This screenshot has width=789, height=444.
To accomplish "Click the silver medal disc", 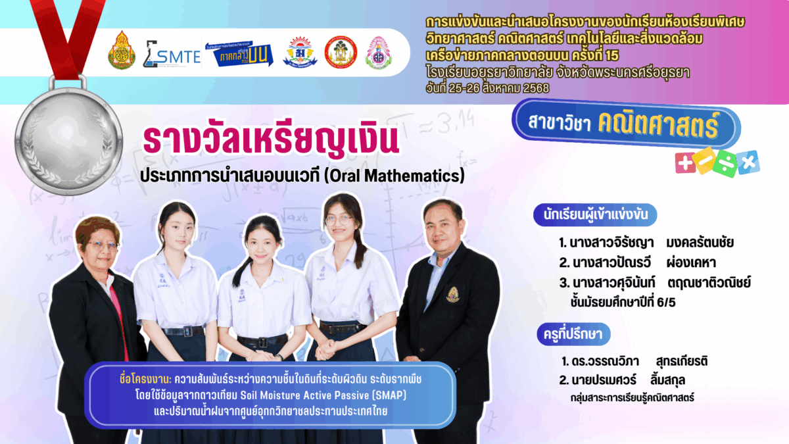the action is (x=69, y=141).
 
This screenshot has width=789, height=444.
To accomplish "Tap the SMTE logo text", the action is (x=179, y=57).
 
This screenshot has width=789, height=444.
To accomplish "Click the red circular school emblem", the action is (x=341, y=53).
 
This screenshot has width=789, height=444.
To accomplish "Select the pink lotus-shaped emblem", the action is (x=379, y=53).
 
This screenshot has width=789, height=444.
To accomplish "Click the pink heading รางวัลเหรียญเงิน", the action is (x=270, y=139).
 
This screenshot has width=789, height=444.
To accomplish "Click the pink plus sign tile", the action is (x=685, y=163).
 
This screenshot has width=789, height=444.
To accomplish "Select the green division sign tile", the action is (x=725, y=164).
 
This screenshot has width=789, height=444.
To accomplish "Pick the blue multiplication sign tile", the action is (x=748, y=162).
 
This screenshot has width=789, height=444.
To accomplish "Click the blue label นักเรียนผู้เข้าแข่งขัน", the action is (x=595, y=214).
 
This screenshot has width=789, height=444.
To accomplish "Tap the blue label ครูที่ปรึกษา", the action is (x=573, y=333).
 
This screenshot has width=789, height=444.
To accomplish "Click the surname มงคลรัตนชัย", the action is (x=700, y=243).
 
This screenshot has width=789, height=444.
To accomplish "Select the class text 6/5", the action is (x=667, y=303).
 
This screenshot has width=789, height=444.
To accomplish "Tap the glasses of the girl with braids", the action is (x=338, y=220).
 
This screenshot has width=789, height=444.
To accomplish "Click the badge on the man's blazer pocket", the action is (x=452, y=295).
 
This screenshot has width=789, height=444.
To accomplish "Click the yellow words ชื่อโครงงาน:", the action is (x=145, y=379).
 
